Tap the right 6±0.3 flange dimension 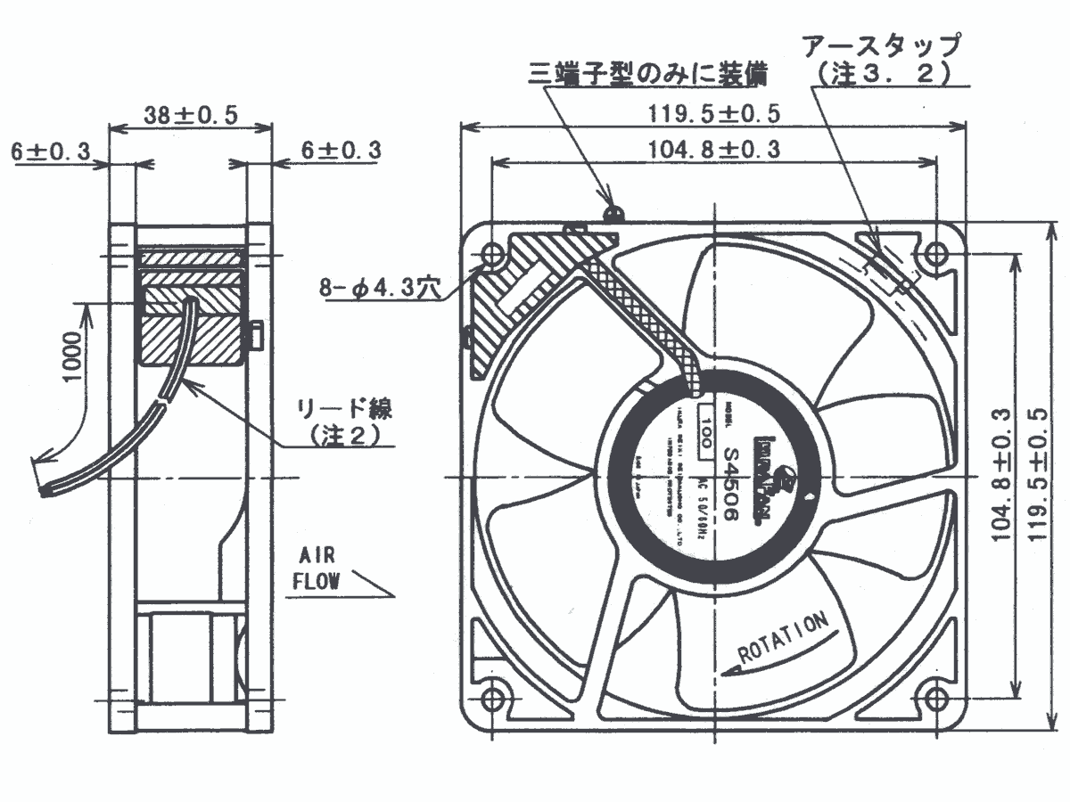(341, 151)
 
